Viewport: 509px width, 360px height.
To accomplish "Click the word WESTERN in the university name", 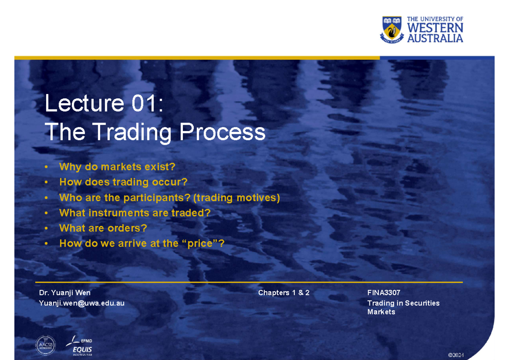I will point(435,28).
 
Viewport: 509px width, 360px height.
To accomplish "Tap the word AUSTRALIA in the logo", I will point(435,38).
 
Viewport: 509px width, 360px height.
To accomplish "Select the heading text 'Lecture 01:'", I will point(104,104).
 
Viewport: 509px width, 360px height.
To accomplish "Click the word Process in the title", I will point(223,132).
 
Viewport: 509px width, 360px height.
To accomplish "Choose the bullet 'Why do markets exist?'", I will point(117,167).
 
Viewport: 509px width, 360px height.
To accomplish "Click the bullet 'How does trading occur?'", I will point(123,182).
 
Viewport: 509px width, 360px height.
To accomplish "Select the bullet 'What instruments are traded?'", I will point(135,212).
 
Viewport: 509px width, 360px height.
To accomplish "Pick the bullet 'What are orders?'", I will point(103,228).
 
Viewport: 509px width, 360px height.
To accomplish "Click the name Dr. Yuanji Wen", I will point(64,293).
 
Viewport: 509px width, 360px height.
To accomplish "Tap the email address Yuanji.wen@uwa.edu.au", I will point(81,303).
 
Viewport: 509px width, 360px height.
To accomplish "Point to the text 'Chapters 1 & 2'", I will point(284,293).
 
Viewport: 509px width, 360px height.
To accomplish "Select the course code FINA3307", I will point(383,293).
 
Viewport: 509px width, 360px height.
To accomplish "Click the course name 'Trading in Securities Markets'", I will point(403,307).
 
